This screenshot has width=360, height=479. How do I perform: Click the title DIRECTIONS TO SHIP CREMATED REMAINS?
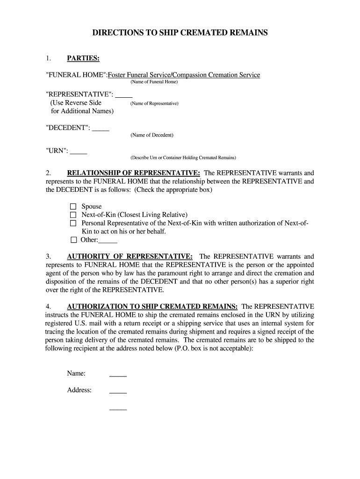[x=180, y=33]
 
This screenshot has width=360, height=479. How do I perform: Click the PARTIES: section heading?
[x=83, y=58]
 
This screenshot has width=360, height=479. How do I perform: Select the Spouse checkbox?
[x=73, y=206]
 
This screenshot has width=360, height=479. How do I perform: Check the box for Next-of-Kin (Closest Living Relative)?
[x=73, y=215]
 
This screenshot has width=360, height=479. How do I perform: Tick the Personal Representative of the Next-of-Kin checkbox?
[x=73, y=223]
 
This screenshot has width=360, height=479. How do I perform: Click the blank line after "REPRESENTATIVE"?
[x=124, y=94]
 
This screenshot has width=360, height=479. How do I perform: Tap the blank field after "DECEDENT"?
[x=101, y=128]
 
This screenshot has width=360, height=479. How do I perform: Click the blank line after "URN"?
[x=79, y=152]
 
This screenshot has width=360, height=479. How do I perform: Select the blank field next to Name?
[x=118, y=374]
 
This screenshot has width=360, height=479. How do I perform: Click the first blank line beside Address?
[x=118, y=391]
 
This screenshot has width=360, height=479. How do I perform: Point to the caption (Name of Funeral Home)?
[x=154, y=82]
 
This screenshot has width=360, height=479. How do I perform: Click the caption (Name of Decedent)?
[x=152, y=135]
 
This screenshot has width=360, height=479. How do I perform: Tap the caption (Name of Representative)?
[x=154, y=103]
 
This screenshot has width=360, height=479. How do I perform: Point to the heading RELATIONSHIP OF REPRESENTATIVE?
[x=134, y=173]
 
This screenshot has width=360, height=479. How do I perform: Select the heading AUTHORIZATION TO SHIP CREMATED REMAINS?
[x=152, y=306]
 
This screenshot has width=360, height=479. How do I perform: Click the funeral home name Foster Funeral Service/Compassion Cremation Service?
[x=184, y=75]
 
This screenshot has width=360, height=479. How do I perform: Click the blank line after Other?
[x=108, y=240]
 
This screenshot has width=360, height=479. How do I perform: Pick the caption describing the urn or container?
[x=183, y=158]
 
